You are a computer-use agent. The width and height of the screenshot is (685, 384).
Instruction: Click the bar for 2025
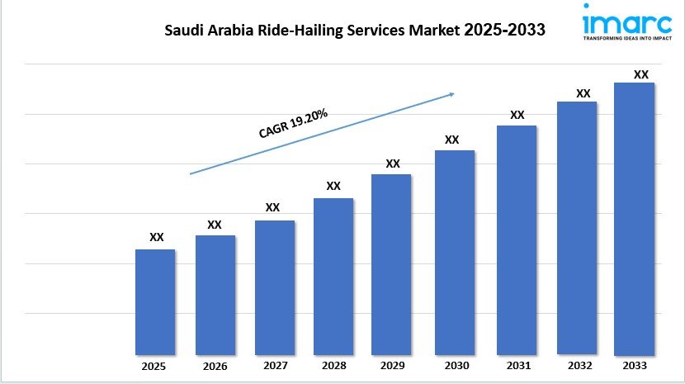155,301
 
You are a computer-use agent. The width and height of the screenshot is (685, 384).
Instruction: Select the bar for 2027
274,287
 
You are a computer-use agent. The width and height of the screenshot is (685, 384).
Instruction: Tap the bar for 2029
391,263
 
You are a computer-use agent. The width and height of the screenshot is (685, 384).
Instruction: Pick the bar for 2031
516,239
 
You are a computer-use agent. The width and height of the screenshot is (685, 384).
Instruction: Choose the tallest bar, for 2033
634,218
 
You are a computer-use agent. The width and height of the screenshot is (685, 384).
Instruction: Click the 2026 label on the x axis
215,365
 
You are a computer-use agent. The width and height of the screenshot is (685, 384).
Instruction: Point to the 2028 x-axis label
333,365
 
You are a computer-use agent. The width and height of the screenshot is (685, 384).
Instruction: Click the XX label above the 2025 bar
156,237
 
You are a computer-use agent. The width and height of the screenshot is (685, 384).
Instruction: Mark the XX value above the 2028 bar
333,186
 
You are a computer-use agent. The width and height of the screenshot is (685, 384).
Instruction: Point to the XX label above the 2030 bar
451,140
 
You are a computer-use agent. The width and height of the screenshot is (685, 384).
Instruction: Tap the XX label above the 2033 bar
640,74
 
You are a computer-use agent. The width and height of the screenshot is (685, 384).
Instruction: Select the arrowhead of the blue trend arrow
450,94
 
